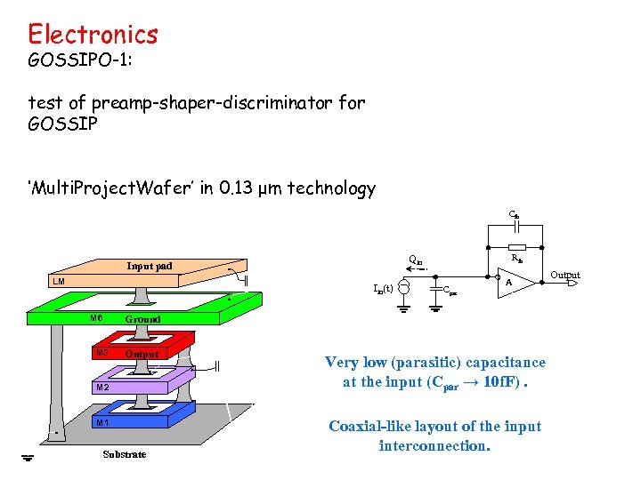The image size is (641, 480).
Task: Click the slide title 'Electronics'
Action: [93, 35]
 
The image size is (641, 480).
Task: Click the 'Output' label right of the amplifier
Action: [564, 276]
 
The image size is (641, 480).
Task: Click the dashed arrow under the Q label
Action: [408, 270]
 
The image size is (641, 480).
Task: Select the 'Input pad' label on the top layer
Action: [150, 265]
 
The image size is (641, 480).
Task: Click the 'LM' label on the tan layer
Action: [58, 282]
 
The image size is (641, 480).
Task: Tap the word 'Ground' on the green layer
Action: [142, 318]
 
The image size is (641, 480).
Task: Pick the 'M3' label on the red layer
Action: [102, 353]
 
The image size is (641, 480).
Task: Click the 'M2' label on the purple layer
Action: [102, 388]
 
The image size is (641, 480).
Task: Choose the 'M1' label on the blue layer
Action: [102, 422]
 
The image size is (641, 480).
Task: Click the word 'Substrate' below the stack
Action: [124, 454]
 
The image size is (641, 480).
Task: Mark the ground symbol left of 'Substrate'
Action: [28, 459]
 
